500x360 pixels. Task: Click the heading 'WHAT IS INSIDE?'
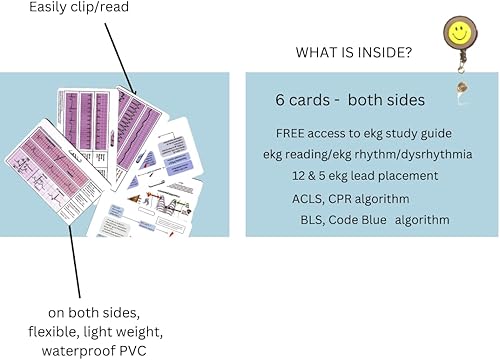pos(354,52)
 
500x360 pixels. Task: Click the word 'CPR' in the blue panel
pos(345,198)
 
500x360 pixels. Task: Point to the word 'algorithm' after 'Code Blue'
pos(419,220)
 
